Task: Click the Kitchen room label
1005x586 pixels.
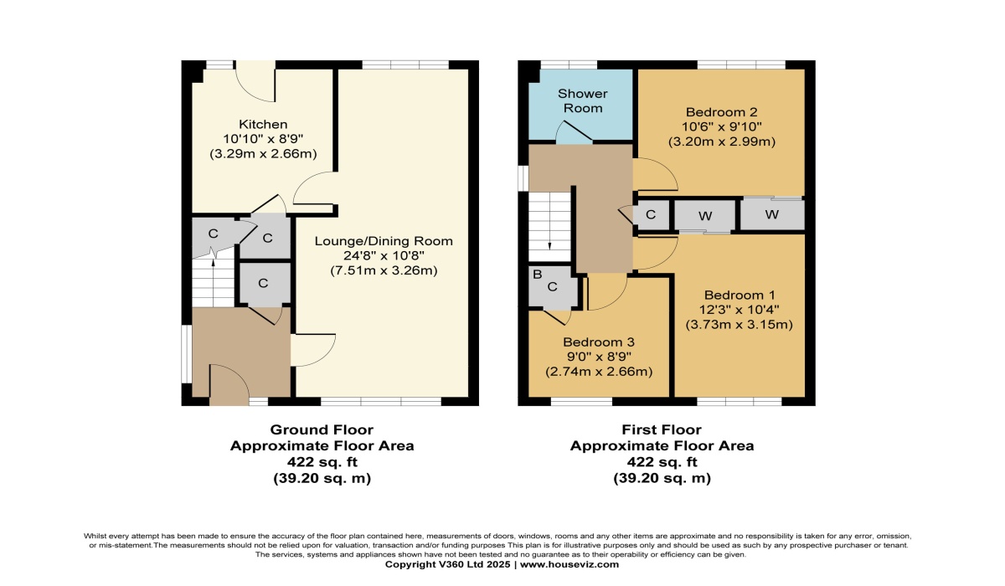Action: pyautogui.click(x=263, y=124)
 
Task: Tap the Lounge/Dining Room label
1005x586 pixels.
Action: pyautogui.click(x=384, y=241)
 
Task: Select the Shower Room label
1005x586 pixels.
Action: pyautogui.click(x=582, y=101)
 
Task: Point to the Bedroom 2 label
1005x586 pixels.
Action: pyautogui.click(x=721, y=111)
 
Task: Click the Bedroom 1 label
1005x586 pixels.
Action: pyautogui.click(x=740, y=295)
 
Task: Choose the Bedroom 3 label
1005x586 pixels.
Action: pyautogui.click(x=599, y=342)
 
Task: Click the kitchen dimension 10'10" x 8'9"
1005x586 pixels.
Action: pyautogui.click(x=263, y=139)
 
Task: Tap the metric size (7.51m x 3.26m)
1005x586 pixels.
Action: pyautogui.click(x=384, y=270)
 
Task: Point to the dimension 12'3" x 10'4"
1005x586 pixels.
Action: pyautogui.click(x=740, y=310)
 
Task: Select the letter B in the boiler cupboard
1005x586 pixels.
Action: pyautogui.click(x=537, y=275)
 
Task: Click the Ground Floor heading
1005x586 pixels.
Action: pyautogui.click(x=322, y=430)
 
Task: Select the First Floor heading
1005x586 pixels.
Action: pyautogui.click(x=662, y=430)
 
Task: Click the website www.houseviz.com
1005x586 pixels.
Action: pyautogui.click(x=569, y=564)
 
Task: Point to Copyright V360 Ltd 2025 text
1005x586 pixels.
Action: pyautogui.click(x=447, y=564)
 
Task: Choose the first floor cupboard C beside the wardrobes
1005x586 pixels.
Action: pyautogui.click(x=651, y=215)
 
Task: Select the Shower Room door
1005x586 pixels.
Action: pyautogui.click(x=575, y=132)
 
